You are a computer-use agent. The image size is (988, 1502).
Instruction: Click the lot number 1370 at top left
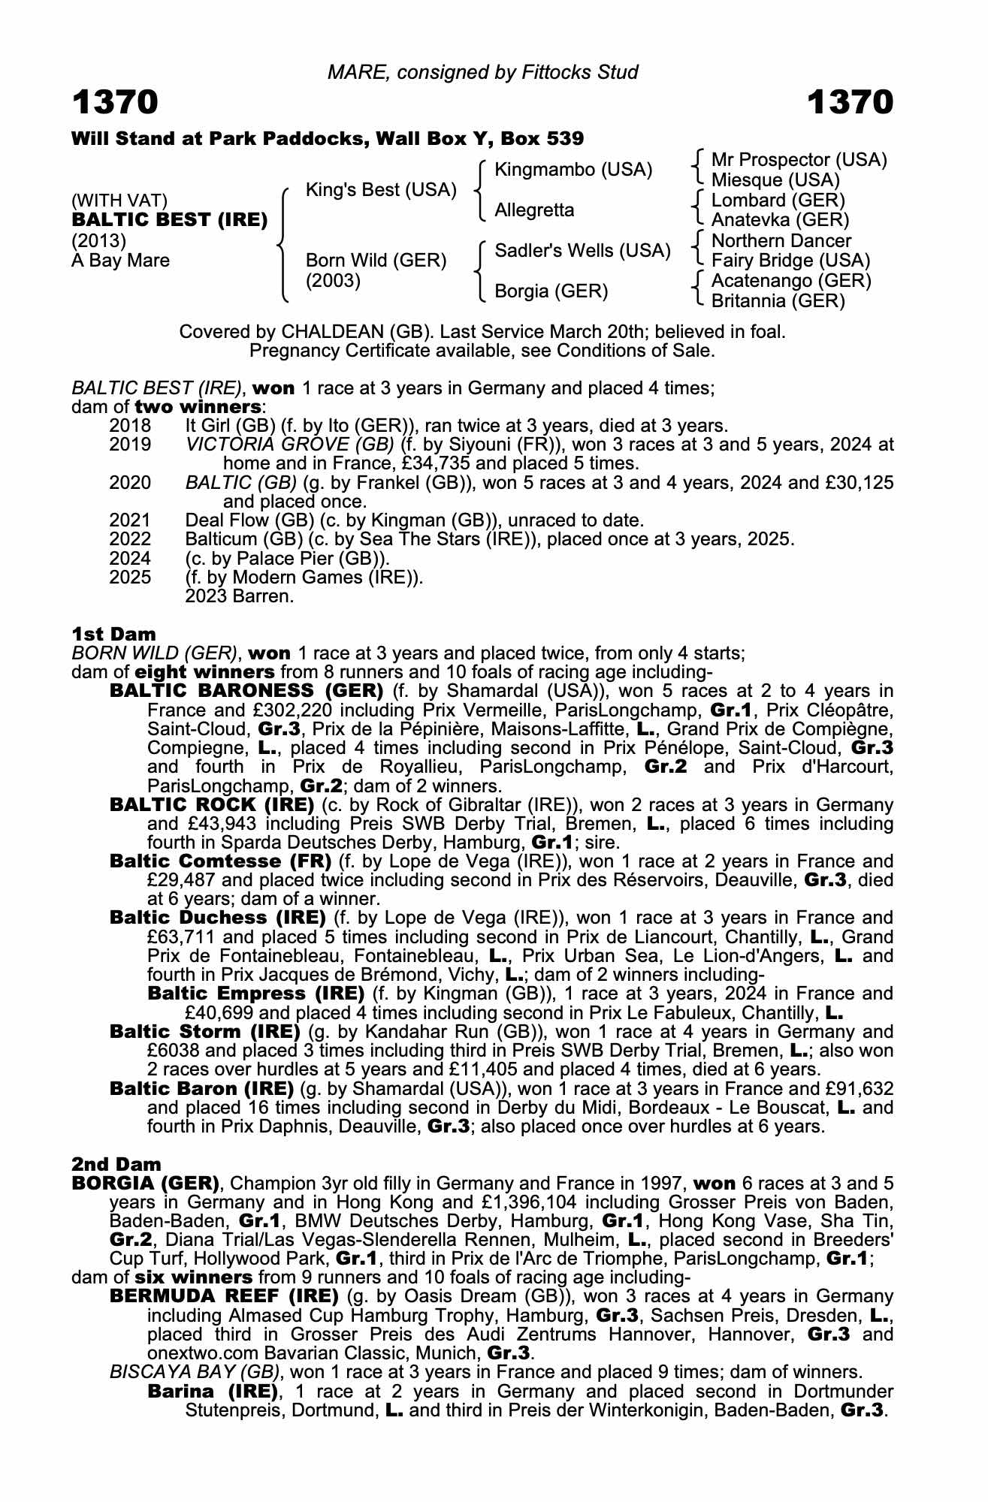tap(115, 102)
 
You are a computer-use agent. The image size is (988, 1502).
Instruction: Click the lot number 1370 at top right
tap(850, 102)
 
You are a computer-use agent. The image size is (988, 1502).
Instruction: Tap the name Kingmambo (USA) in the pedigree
tap(573, 170)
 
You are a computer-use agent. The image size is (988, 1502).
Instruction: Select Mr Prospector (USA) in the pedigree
tap(799, 160)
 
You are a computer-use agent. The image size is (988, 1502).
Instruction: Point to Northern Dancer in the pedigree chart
tap(781, 240)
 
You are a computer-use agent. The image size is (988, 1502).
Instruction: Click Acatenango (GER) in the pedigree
tap(791, 281)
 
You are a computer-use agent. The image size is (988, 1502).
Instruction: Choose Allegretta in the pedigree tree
tap(534, 210)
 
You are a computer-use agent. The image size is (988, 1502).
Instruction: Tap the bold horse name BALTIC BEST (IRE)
tap(170, 220)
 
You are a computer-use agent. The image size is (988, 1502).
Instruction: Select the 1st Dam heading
tap(113, 634)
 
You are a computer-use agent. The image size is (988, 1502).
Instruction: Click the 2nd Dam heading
tap(116, 1164)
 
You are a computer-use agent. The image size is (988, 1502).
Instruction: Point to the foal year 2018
tap(130, 426)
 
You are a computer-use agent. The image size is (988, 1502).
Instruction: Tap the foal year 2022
tap(130, 539)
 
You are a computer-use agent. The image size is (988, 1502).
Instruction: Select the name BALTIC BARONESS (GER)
tap(246, 690)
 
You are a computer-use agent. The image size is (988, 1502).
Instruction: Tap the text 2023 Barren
tap(239, 596)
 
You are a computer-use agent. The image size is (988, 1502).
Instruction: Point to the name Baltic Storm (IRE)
tap(204, 1032)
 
